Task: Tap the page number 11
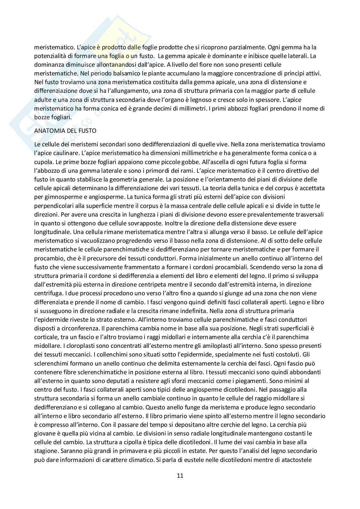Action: coord(180,475)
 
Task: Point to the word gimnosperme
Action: coord(48,197)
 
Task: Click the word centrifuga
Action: coord(48,293)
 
